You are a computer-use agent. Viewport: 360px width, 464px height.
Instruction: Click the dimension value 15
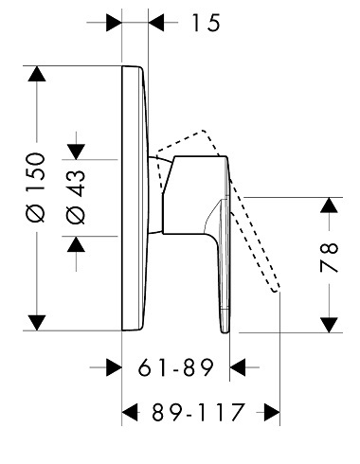206,23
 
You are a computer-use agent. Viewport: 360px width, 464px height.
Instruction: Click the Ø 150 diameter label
36,187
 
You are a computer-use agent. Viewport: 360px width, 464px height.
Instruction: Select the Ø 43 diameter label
76,197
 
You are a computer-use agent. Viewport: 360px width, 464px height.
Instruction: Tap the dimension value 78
329,258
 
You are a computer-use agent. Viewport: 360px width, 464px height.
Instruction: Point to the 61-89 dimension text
176,367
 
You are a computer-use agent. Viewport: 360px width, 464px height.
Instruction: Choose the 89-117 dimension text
198,412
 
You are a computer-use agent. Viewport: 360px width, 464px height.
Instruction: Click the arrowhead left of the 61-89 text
114,367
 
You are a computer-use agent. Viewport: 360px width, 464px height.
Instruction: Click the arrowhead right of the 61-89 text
238,367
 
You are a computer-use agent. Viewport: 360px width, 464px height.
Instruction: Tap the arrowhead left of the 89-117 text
130,412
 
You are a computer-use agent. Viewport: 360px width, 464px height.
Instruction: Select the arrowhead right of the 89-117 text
272,412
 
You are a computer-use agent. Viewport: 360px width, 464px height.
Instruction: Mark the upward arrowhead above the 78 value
330,205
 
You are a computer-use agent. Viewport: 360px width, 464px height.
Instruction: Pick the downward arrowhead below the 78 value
330,325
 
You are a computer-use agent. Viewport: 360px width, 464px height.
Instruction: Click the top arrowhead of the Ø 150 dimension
37,74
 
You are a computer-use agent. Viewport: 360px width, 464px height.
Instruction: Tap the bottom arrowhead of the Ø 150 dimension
37,323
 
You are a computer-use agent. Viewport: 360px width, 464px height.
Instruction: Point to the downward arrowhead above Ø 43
76,152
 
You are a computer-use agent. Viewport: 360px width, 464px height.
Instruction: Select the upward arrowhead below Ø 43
76,244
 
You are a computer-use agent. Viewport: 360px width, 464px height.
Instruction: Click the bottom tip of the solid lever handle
225,332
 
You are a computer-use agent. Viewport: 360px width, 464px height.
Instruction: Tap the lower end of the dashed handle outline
276,291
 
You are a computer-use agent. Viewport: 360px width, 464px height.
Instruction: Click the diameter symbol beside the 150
36,213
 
